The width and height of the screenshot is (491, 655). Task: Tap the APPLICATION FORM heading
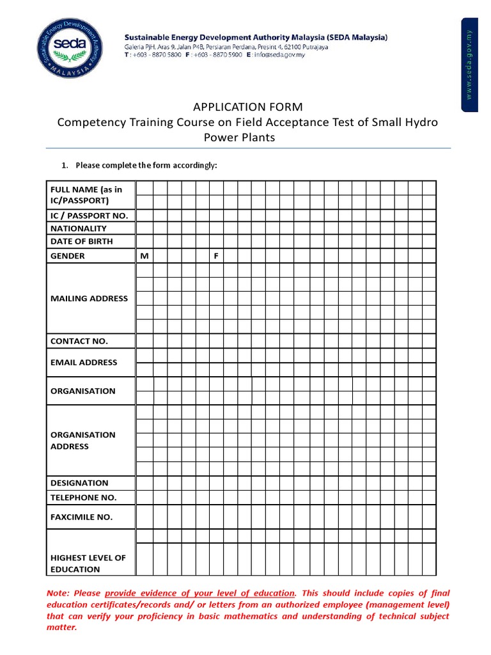(x=247, y=107)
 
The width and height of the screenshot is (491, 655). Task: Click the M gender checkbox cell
(x=144, y=256)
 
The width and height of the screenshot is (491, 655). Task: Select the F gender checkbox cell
(x=216, y=256)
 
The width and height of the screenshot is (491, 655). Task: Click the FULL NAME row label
(x=86, y=194)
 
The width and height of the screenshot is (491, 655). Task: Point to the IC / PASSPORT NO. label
(x=89, y=216)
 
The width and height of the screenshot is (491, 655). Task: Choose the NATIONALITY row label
(x=79, y=228)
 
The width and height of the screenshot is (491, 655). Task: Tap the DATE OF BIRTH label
(x=81, y=241)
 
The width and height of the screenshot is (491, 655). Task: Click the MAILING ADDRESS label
(x=89, y=298)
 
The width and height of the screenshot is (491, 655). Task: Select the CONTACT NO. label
(x=79, y=341)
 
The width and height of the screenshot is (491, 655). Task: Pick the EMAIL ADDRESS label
(x=84, y=362)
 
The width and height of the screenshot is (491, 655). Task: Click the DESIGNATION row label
(x=79, y=483)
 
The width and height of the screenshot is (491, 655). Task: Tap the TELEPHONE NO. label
(x=83, y=497)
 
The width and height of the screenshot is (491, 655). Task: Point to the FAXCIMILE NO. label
(x=81, y=517)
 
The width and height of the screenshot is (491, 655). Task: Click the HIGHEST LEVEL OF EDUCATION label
(x=88, y=563)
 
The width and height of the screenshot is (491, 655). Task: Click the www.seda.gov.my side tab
(x=469, y=66)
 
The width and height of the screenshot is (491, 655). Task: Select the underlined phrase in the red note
(x=199, y=593)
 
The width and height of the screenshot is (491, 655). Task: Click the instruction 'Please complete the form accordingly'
(x=146, y=166)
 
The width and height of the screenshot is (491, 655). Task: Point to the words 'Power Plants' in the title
(x=239, y=138)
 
